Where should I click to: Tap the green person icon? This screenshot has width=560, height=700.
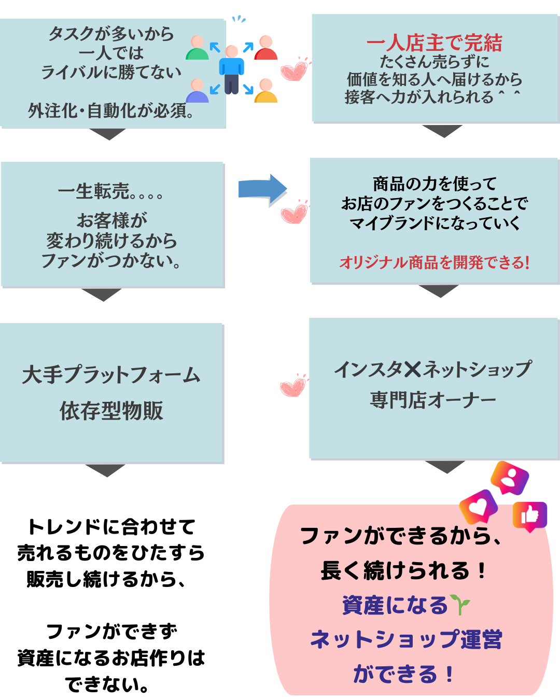pyautogui.click(x=197, y=48)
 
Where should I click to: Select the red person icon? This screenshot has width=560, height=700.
pyautogui.click(x=265, y=48)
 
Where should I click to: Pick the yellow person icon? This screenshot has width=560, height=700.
pyautogui.click(x=265, y=91)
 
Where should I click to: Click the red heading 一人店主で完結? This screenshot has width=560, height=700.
pyautogui.click(x=435, y=43)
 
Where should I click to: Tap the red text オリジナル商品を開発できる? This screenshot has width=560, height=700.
pyautogui.click(x=435, y=262)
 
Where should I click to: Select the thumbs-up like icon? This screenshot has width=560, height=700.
pyautogui.click(x=529, y=516)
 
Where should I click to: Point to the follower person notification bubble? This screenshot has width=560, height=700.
pyautogui.click(x=510, y=478)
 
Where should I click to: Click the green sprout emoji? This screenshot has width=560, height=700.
pyautogui.click(x=460, y=605)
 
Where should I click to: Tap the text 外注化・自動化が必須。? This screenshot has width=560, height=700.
pyautogui.click(x=111, y=110)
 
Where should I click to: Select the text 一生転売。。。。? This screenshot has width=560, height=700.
pyautogui.click(x=111, y=192)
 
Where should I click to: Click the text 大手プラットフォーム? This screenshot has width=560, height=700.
pyautogui.click(x=111, y=374)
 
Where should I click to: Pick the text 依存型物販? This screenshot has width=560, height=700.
pyautogui.click(x=111, y=411)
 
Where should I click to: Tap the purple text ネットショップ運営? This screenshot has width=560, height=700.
pyautogui.click(x=406, y=639)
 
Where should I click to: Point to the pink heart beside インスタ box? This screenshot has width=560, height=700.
pyautogui.click(x=293, y=386)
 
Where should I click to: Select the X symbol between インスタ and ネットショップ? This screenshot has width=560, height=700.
pyautogui.click(x=413, y=369)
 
